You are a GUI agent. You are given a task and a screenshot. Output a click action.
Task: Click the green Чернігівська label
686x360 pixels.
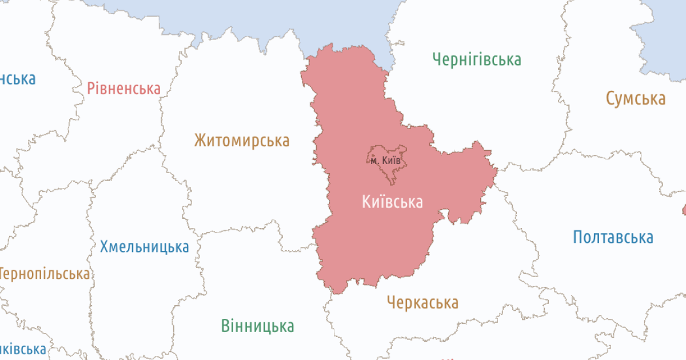click(477, 59)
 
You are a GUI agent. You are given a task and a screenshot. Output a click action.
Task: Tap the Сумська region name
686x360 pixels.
click(636, 98)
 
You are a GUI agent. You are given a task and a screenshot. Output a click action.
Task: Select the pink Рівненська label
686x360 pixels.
click(123, 89)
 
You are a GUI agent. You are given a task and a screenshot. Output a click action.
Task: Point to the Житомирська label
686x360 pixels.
click(241, 141)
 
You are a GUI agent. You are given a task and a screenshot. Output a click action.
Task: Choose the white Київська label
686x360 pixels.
click(392, 202)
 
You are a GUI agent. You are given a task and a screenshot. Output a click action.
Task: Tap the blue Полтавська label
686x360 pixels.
click(613, 237)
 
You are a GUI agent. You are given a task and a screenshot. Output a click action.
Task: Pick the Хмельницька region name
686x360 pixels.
click(144, 247)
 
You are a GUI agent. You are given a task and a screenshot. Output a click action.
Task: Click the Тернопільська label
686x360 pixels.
click(45, 274)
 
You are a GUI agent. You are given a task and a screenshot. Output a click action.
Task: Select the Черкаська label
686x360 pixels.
click(422, 302)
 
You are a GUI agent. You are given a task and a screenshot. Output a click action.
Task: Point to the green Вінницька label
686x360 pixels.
click(258, 326)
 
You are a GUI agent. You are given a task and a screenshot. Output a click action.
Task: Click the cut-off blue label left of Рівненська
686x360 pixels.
click(17, 78)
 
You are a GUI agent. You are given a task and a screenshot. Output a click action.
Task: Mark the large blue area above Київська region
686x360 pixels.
click(286, 17)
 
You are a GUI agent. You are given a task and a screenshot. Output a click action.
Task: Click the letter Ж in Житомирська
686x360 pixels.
click(200, 141)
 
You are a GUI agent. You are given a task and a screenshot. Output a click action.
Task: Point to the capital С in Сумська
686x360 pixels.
click(611, 98)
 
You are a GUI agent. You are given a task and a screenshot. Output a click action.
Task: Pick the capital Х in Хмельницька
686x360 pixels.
click(105, 247)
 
